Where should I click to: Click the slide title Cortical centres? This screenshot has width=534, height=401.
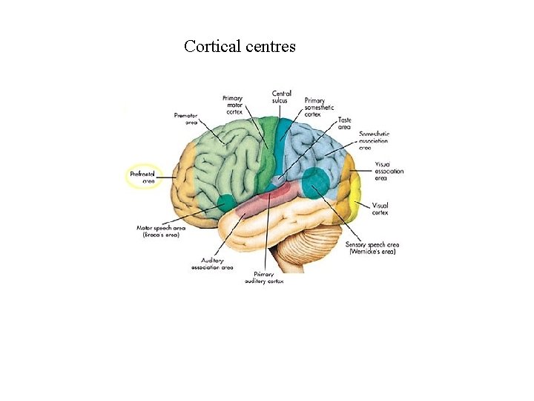point(240,46)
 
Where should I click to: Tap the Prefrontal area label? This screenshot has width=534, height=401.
point(142,177)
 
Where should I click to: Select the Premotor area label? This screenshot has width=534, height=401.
point(185,119)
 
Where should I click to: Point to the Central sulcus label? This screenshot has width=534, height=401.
point(281,97)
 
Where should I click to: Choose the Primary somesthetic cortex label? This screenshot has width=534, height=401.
point(315,108)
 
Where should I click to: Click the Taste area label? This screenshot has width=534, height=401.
point(344,123)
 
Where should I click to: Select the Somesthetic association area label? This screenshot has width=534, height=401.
point(374,140)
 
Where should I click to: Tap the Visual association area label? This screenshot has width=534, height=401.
point(389,171)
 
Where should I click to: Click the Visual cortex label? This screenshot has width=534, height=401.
point(380,208)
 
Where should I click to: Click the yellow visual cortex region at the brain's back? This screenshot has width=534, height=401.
point(358,197)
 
